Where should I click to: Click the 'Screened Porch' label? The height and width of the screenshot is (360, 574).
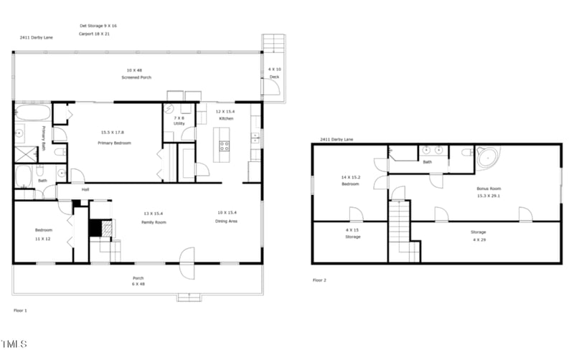[x=136, y=77]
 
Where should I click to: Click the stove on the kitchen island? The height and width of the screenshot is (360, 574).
[x=224, y=146]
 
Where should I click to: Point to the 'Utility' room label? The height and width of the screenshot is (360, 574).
[x=178, y=123]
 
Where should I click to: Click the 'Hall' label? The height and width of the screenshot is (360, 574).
[x=85, y=189]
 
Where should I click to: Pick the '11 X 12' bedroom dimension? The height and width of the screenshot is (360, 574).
[x=43, y=239]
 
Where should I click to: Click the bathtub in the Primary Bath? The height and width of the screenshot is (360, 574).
[x=32, y=112]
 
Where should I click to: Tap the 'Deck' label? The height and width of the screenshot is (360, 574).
[x=274, y=77]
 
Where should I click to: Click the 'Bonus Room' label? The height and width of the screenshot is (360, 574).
[x=489, y=189]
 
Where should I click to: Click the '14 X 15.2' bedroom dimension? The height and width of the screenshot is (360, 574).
[x=350, y=176]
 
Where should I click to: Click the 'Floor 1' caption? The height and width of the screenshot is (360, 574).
[x=21, y=310]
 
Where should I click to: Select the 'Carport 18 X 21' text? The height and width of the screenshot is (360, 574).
[x=94, y=34]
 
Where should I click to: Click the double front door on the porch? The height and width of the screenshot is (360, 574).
[x=187, y=262]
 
